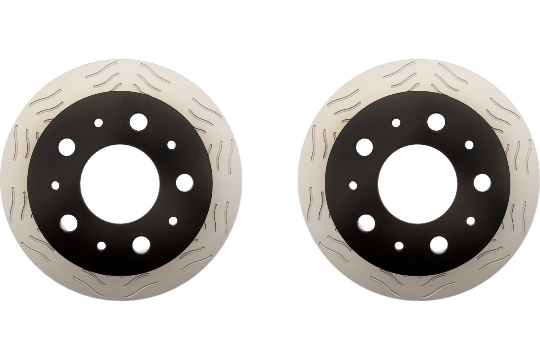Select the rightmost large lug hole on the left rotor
[x=185, y=181]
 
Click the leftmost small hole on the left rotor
[x=55, y=185]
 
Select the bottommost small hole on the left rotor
[x=102, y=246]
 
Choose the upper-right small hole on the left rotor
[x=172, y=144]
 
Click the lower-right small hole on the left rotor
[x=174, y=220]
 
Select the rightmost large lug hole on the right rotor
[x=482, y=182]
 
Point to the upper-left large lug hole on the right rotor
[x=365, y=146]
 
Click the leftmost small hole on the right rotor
[x=353, y=185]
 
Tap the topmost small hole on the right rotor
[x=396, y=123]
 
